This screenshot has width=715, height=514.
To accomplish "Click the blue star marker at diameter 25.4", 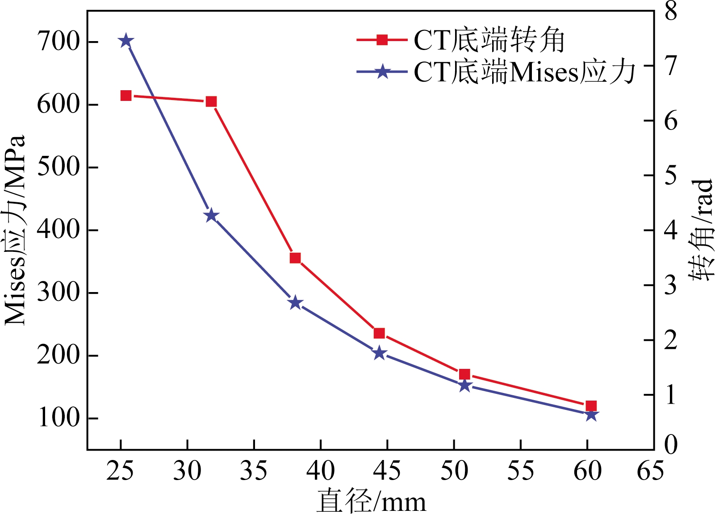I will [x=126, y=41].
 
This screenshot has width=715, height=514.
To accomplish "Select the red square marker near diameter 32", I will [x=211, y=102].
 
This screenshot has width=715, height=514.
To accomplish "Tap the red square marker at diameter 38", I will [x=295, y=258].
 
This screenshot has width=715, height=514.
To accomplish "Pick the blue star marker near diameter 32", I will [x=211, y=216].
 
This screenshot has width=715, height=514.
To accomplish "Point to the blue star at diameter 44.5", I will [x=380, y=353].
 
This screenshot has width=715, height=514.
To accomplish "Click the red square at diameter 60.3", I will [x=591, y=406].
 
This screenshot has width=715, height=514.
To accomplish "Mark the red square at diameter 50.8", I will [x=464, y=374].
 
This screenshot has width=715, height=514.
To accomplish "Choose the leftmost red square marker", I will [x=126, y=96].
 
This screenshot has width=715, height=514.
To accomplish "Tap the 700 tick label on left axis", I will [x=59, y=42].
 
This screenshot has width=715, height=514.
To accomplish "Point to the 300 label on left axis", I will [x=59, y=293].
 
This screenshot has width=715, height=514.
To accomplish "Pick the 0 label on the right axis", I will [x=671, y=445].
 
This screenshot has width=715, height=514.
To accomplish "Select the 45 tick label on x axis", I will [x=387, y=471].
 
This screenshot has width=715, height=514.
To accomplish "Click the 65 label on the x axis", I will [x=650, y=471].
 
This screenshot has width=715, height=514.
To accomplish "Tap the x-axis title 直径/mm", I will [x=372, y=501].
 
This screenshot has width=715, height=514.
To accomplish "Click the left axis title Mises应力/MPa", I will [x=15, y=230].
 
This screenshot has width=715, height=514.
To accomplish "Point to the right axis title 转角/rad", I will [x=701, y=230].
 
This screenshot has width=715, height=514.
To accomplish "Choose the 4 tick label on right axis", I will [x=671, y=230].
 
